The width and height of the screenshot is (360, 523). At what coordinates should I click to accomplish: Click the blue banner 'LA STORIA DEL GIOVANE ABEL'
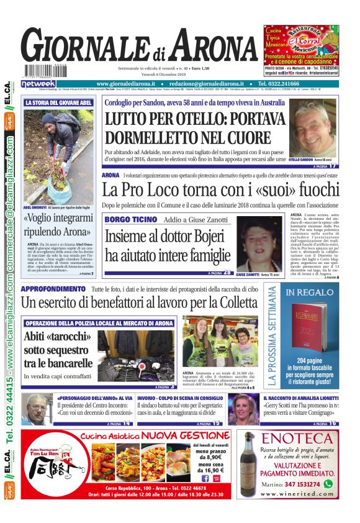click(59, 102)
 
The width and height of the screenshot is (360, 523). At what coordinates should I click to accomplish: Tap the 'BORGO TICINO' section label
click(130, 219)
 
